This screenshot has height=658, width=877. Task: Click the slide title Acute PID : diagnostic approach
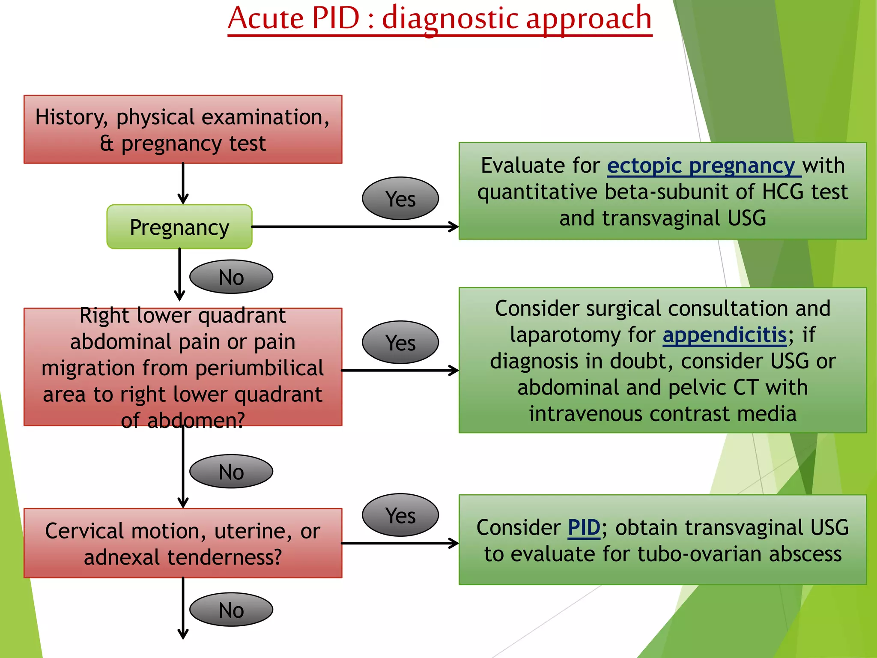tap(440, 19)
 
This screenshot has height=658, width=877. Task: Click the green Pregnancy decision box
tap(179, 227)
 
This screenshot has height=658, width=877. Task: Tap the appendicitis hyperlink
tap(725, 335)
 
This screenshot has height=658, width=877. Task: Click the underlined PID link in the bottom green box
tap(584, 528)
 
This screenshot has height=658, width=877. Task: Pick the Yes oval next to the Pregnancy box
tap(400, 199)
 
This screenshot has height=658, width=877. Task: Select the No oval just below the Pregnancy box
tap(231, 277)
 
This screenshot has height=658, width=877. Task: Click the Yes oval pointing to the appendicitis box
tap(400, 343)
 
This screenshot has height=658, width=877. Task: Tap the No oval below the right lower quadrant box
tap(231, 472)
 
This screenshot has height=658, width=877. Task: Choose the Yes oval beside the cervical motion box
tap(400, 515)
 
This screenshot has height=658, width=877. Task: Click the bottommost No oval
tap(231, 610)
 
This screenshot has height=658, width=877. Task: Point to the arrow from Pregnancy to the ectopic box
tap(355, 227)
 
